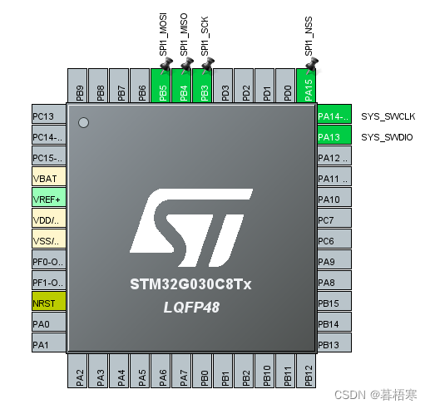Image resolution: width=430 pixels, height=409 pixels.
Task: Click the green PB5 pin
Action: click(163, 86)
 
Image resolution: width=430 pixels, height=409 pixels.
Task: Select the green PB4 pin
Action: click(184, 86)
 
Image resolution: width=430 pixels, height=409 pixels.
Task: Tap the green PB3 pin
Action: click(205, 86)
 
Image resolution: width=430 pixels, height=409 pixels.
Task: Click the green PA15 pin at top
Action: click(309, 86)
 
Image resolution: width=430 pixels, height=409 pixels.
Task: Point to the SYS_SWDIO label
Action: click(387, 136)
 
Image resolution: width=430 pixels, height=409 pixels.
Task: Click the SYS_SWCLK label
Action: click(387, 116)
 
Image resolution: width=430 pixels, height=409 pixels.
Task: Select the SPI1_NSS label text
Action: click(309, 37)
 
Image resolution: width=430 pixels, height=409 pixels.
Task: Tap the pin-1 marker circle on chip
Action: click(83, 123)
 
